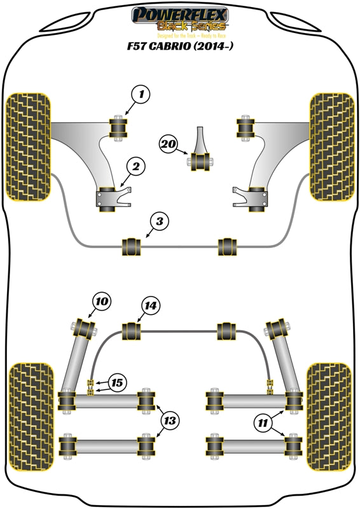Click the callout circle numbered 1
[x=142, y=96]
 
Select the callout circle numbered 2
[x=135, y=167]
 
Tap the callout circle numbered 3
[x=160, y=222]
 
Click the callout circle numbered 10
[x=102, y=301]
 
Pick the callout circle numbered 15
[x=116, y=383]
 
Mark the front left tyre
[x=27, y=146]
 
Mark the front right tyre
[x=331, y=146]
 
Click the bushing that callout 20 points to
[x=203, y=162]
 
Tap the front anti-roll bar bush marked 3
[x=131, y=245]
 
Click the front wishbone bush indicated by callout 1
[x=118, y=127]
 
